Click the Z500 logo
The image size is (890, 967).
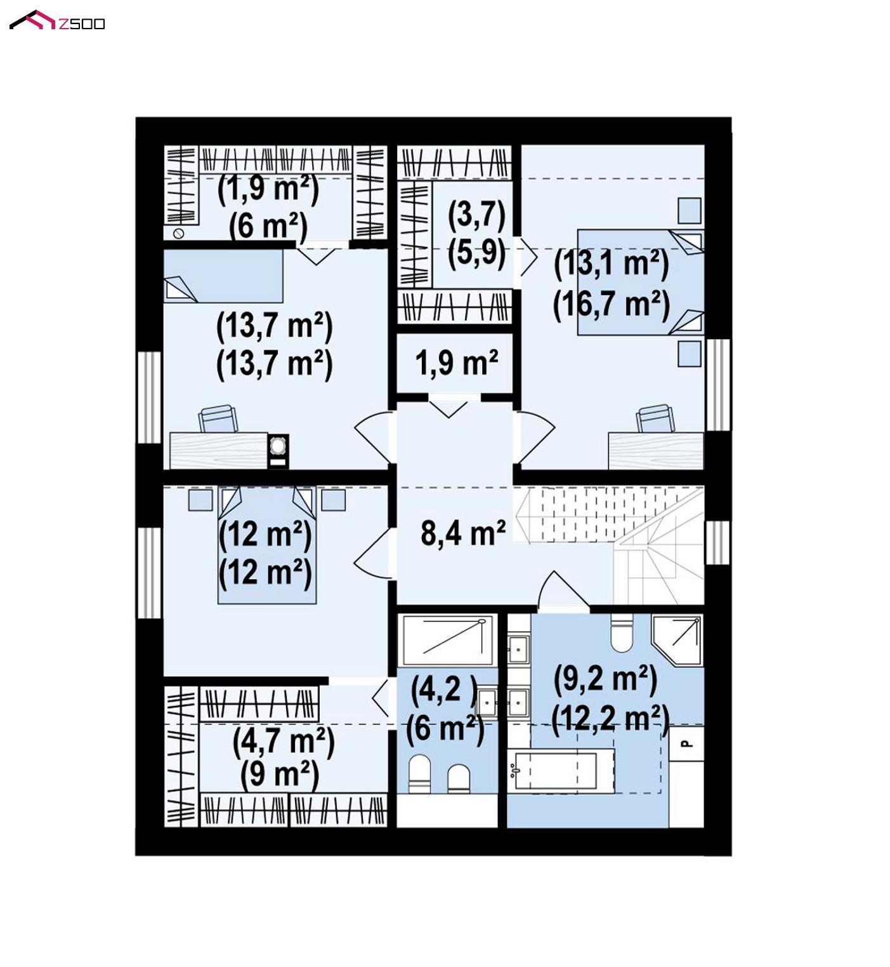[57, 20]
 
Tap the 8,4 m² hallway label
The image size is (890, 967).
[463, 533]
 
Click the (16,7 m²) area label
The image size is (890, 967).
[611, 305]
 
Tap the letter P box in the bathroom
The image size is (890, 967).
[687, 744]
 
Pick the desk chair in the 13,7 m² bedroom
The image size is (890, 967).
[218, 418]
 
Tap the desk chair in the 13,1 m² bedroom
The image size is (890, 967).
[655, 418]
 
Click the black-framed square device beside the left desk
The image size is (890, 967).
[278, 451]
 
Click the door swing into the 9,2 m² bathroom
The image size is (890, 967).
[564, 592]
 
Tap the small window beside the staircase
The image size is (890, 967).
[717, 543]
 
